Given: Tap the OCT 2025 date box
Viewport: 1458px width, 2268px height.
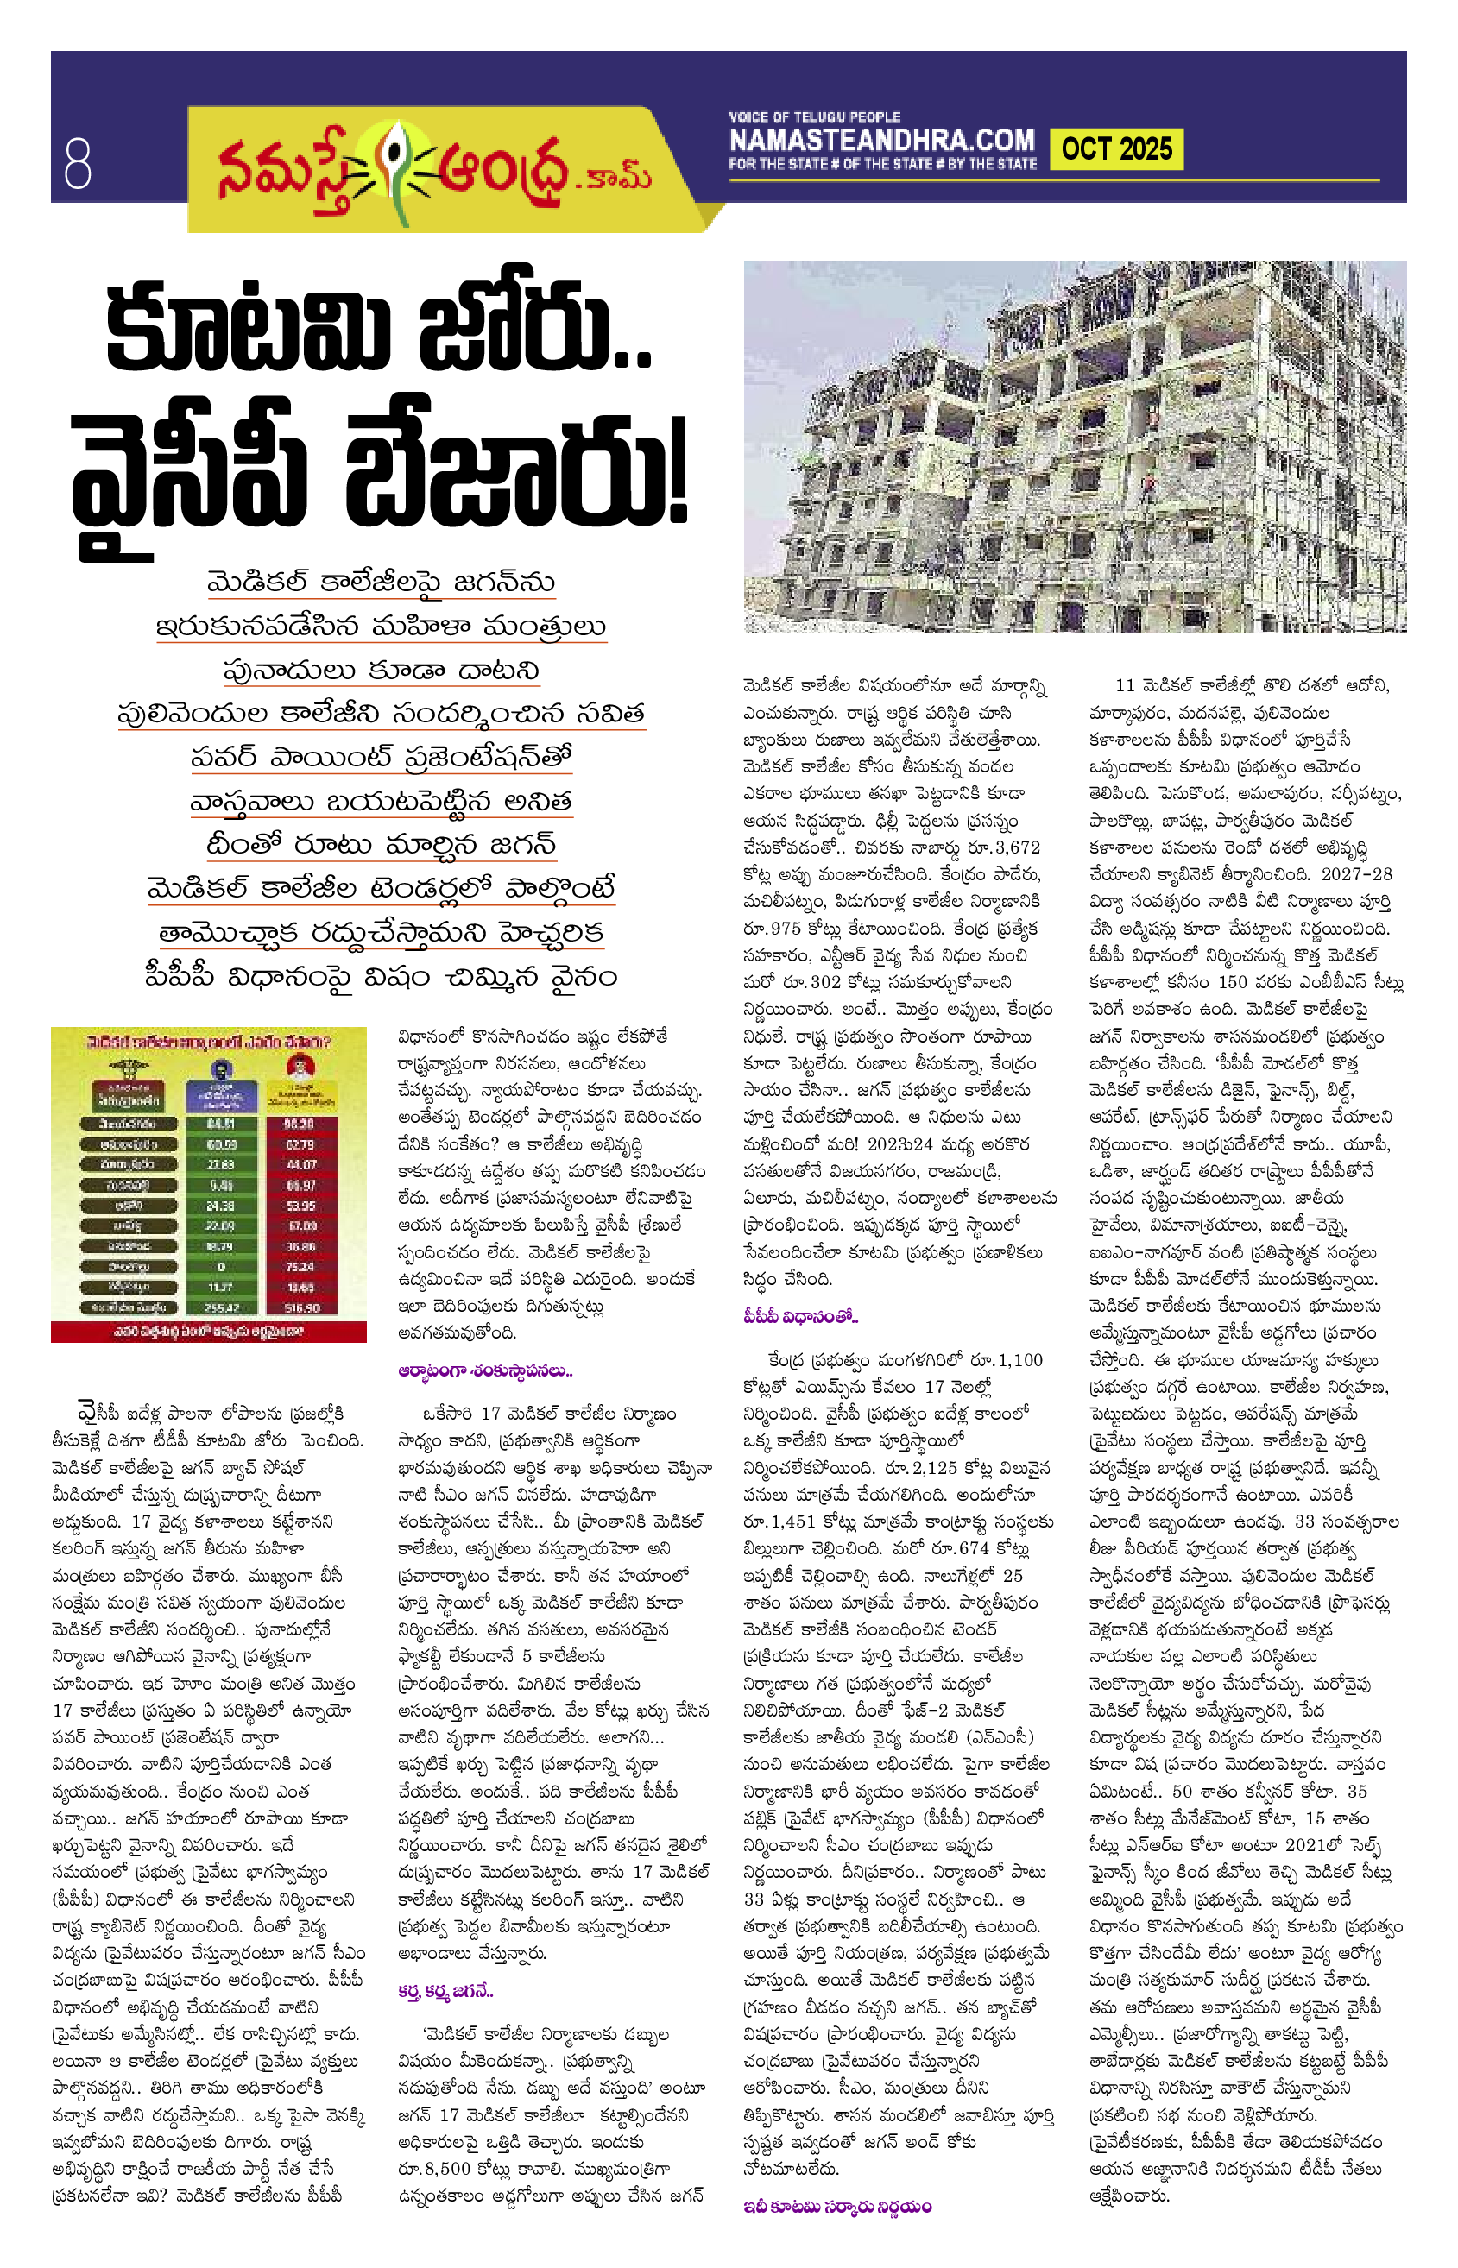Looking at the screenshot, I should [x=1116, y=149].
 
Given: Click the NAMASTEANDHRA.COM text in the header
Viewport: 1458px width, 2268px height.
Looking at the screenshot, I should [x=881, y=141].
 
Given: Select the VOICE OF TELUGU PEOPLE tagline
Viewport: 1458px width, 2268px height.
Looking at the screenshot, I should [x=814, y=117].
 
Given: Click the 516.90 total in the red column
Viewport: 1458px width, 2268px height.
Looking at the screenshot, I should [x=300, y=1307].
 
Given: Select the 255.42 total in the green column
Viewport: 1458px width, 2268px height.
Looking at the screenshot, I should [x=221, y=1307].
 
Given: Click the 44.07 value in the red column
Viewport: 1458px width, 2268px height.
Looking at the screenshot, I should [x=300, y=1164].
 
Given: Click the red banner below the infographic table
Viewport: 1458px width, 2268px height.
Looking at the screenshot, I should [x=208, y=1331].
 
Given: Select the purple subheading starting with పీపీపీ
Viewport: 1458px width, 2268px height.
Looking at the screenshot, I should [x=800, y=1316].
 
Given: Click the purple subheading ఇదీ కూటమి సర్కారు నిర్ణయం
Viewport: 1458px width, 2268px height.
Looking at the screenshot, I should [x=837, y=2207].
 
